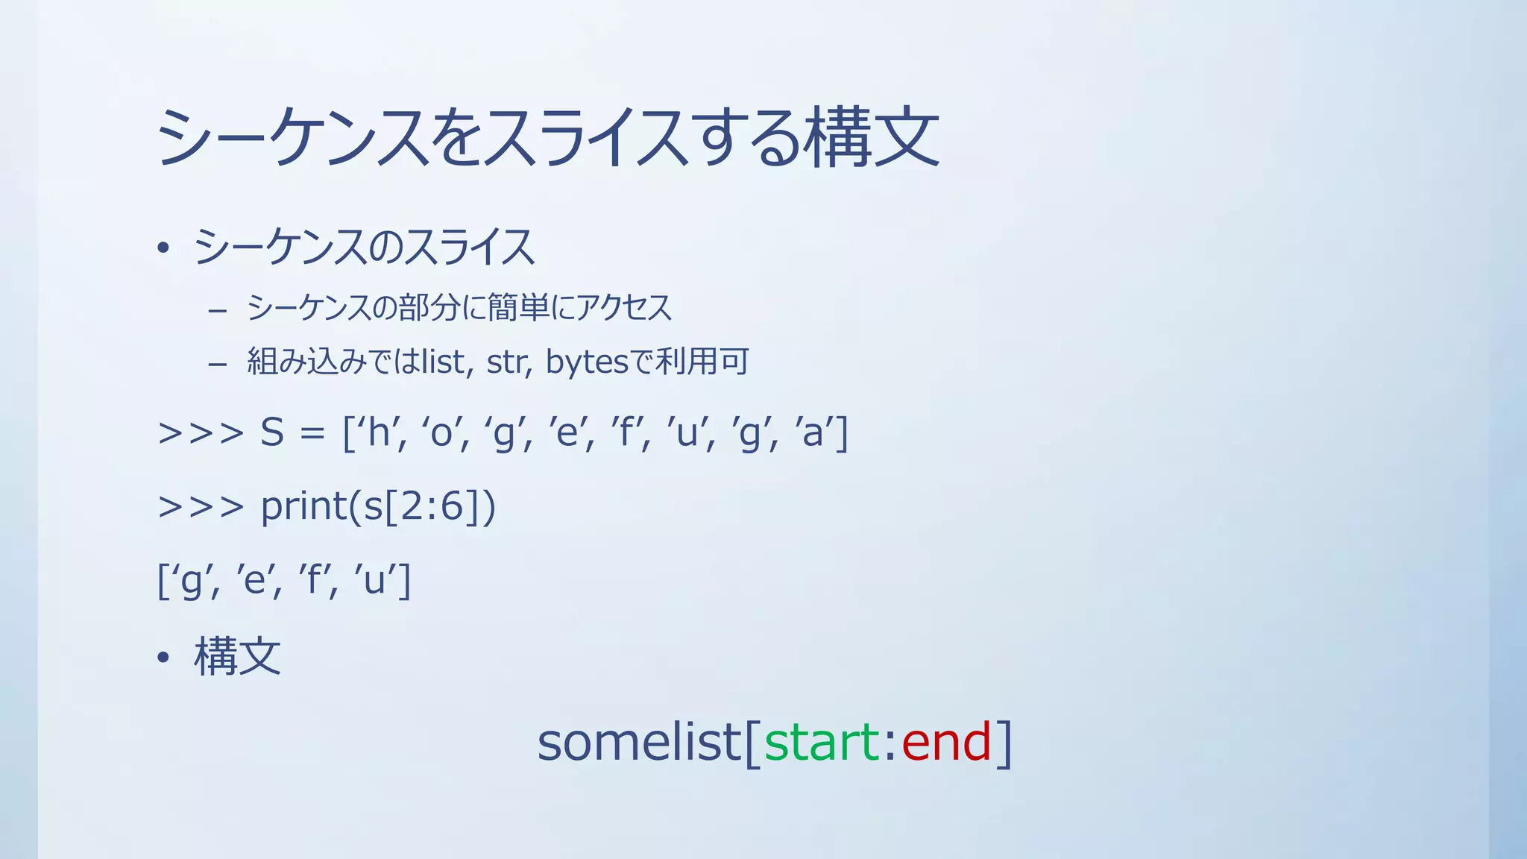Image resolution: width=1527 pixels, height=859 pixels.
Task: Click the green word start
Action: tap(822, 743)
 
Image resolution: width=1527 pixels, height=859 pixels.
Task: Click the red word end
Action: tap(946, 743)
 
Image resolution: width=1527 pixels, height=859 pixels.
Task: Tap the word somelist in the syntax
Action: tap(639, 743)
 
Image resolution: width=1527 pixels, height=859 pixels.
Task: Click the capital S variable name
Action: tap(272, 432)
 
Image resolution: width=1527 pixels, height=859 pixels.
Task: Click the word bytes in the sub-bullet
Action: tap(587, 362)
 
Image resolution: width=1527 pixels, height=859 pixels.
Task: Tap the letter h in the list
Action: tap(380, 432)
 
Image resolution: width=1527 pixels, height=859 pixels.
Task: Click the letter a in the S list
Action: tap(813, 432)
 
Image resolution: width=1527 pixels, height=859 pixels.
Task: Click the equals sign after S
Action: tap(312, 434)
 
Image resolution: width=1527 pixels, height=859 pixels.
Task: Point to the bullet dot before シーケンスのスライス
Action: tap(163, 248)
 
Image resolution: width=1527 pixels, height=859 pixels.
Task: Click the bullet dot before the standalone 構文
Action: tap(163, 658)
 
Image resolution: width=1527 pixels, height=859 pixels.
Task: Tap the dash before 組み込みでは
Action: tap(218, 365)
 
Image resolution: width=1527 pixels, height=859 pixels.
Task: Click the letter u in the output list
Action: tap(374, 580)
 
